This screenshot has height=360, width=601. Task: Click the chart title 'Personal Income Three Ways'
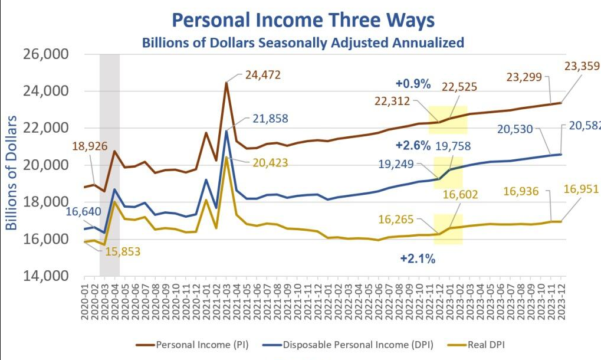point(303,20)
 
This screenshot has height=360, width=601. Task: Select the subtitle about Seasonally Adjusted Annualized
point(303,42)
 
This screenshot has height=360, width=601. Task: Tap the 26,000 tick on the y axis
point(45,54)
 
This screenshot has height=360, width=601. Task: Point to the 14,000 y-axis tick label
point(45,276)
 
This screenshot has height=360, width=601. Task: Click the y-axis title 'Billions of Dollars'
point(12,165)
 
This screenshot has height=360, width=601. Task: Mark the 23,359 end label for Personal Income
point(582,66)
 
